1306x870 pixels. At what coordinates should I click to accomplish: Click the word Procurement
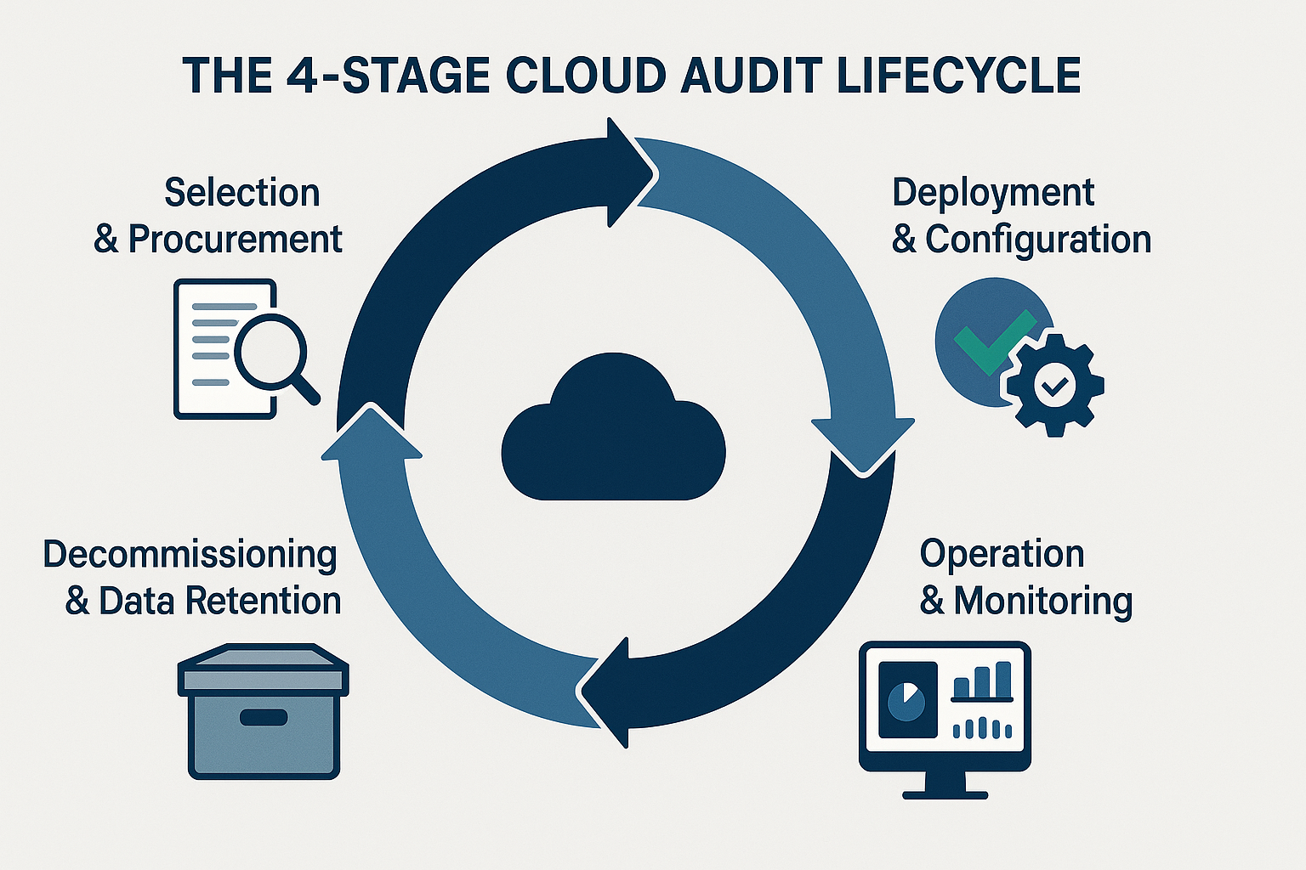click(235, 240)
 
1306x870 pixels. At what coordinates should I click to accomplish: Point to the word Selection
click(241, 193)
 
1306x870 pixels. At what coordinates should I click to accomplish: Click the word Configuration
click(1037, 240)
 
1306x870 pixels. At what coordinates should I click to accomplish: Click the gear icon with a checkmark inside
click(1054, 387)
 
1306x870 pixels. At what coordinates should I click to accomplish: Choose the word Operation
click(1002, 555)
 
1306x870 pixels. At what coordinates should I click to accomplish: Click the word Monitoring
click(1042, 601)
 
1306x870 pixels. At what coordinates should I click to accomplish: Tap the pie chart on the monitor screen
click(906, 700)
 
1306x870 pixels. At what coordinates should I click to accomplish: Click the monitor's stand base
click(945, 794)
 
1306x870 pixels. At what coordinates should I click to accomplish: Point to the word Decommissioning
click(190, 555)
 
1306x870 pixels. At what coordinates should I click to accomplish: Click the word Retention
click(263, 601)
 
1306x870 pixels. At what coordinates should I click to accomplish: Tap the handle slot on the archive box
click(264, 718)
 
